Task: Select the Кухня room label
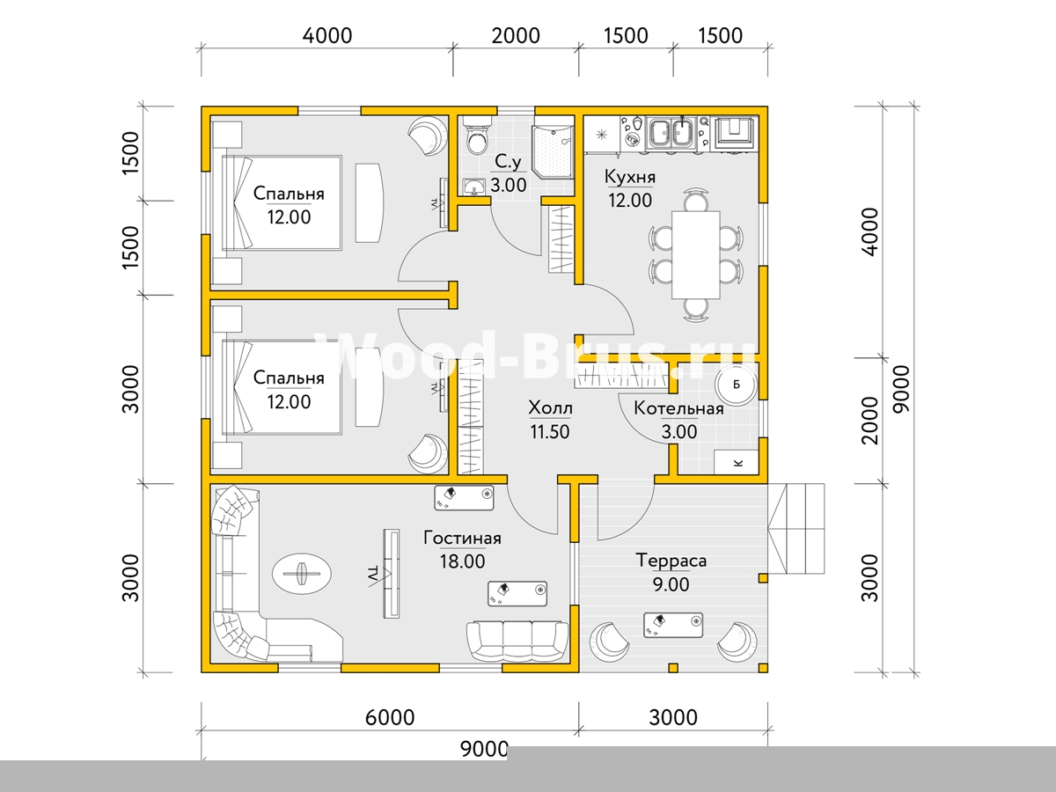pos(630,177)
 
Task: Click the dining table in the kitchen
pos(696,254)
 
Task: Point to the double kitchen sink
pos(671,132)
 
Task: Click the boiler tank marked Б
pos(736,385)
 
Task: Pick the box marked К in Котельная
pos(736,463)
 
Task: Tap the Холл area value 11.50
pos(550,432)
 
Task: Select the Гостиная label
pos(462,538)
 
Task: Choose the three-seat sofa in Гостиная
pos(517,642)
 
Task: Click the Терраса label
pos(671,561)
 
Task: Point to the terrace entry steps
pos(796,529)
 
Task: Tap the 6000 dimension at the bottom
pos(390,717)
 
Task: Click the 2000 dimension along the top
pos(516,36)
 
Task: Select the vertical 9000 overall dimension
pos(901,389)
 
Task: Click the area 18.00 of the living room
pos(462,561)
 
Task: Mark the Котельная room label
pos(678,408)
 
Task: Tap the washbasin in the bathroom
pos(475,187)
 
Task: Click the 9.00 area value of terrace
pos(671,584)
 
